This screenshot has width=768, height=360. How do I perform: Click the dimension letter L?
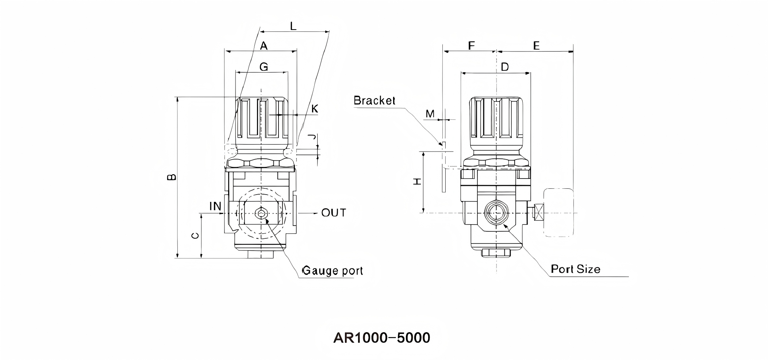click(x=293, y=26)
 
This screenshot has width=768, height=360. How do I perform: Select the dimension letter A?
click(x=264, y=46)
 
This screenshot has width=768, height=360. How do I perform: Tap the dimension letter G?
click(x=264, y=67)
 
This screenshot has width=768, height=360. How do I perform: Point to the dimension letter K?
click(x=315, y=109)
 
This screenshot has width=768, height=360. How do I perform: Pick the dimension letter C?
click(x=195, y=236)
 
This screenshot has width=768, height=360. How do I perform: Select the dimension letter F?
click(x=471, y=46)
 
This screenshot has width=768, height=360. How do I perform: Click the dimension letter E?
click(x=536, y=46)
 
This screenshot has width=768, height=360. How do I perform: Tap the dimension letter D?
click(x=505, y=67)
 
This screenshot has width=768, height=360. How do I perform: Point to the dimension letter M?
click(x=430, y=114)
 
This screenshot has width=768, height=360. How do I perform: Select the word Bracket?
click(x=375, y=100)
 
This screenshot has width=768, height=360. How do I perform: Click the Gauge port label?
click(x=333, y=271)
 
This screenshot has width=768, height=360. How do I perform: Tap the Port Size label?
click(x=575, y=269)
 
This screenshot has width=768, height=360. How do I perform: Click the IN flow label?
click(x=215, y=206)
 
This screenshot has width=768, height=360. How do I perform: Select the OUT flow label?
click(x=333, y=213)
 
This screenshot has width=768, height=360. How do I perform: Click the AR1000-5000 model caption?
click(x=381, y=338)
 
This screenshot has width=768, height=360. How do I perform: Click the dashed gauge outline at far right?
click(x=558, y=212)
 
